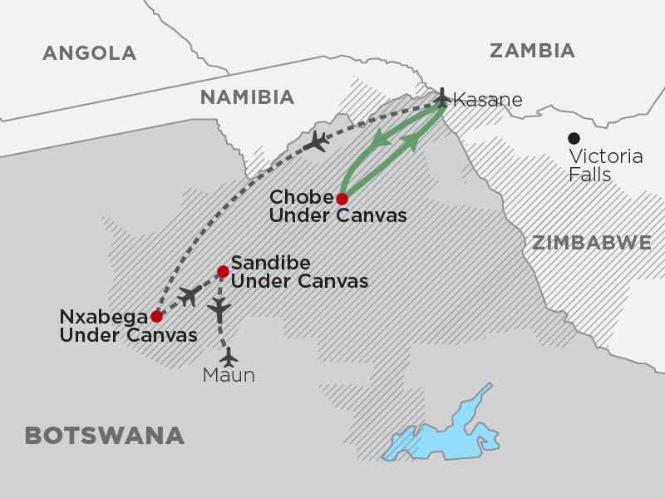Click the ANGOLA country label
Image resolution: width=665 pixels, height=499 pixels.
click(89, 53)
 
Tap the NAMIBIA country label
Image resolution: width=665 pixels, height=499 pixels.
click(248, 97)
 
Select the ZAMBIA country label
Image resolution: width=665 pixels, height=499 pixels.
click(532, 50)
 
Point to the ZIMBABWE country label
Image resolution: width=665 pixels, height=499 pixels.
click(591, 242)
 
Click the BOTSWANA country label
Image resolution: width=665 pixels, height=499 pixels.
click(104, 435)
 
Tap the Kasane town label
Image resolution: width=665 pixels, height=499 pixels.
click(489, 100)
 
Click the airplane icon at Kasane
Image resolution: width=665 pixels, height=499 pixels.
click(441, 98)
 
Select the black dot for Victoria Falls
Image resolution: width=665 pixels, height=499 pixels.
click(573, 138)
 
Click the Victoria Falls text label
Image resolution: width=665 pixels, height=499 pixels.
click(604, 166)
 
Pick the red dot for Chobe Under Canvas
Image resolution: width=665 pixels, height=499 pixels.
click(342, 198)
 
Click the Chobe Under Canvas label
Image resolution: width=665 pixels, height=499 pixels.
click(339, 207)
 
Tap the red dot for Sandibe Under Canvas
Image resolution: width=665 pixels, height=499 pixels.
click(223, 271)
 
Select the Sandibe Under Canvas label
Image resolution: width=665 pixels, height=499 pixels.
click(299, 271)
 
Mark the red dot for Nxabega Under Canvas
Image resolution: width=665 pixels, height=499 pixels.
click(156, 316)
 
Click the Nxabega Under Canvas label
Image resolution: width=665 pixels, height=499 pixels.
click(129, 327)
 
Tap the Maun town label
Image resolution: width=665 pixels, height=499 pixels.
click(229, 376)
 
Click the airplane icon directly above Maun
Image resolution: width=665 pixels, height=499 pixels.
click(229, 356)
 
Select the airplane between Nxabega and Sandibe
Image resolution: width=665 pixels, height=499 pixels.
click(190, 295)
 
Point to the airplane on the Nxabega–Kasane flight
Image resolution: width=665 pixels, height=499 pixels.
click(316, 142)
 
